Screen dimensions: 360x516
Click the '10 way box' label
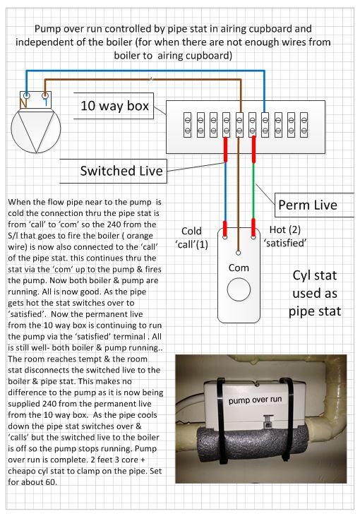pos(114,106)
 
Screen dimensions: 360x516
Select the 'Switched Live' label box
pos(113,171)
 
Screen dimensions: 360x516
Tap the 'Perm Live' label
pos(308,205)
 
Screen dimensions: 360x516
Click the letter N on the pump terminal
pos(23,103)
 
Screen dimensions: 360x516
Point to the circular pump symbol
pos(36,128)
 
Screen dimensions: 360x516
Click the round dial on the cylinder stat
pos(239,289)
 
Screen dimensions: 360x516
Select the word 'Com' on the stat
pos(239,268)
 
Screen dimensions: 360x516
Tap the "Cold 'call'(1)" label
pos(191,238)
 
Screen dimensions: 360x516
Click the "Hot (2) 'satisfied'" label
pos(285,236)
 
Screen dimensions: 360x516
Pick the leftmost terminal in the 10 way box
pos(187,125)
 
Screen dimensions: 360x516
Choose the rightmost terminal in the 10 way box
pos(304,125)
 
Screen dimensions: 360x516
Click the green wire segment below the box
pos(253,191)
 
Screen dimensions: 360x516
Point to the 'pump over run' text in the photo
pos(255,400)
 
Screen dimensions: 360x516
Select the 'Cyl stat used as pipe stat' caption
pos(315,293)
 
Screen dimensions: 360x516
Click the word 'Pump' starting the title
pos(48,29)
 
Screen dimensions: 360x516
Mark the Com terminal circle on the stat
pos(239,253)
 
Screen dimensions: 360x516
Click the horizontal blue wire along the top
pos(145,71)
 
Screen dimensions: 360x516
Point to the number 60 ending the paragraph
pos(51,482)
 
